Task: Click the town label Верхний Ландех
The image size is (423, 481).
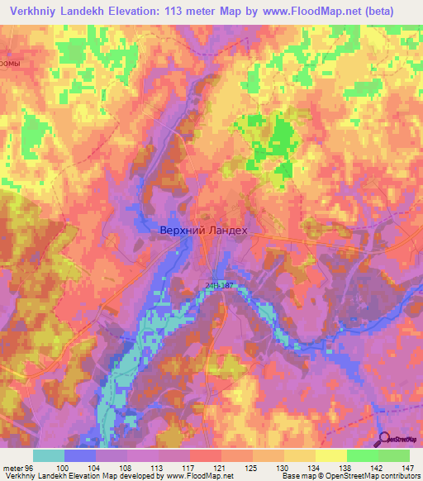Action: tap(202, 233)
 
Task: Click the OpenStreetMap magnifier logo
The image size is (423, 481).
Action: tap(385, 441)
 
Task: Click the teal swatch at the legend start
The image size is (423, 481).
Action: tap(49, 455)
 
